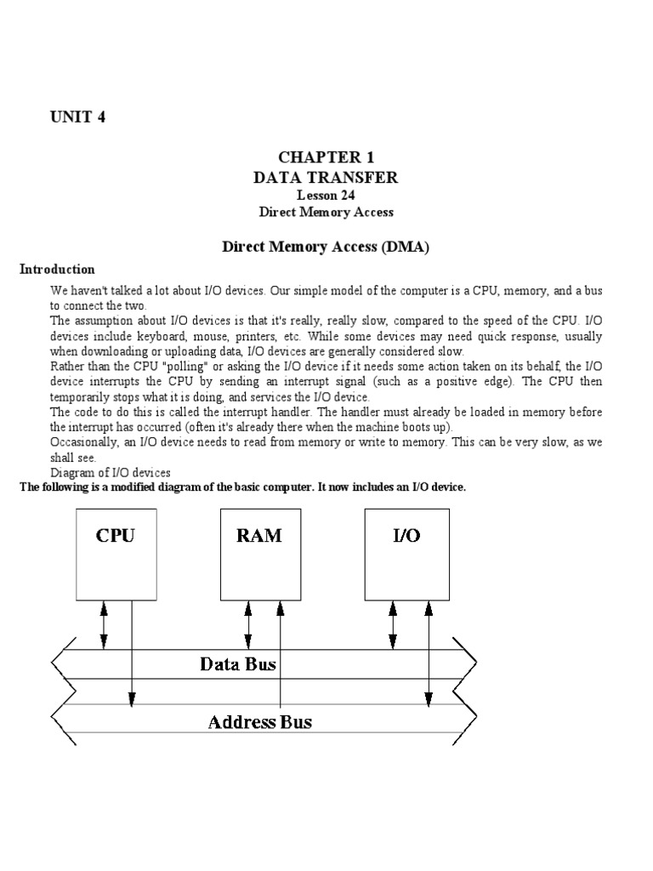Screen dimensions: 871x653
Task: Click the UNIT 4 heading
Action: tap(77, 117)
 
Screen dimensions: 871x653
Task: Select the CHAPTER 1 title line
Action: tap(326, 158)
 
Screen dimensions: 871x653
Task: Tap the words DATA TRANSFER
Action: tap(326, 178)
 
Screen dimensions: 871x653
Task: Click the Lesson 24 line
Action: tap(326, 196)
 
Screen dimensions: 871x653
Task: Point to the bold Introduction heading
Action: tap(57, 269)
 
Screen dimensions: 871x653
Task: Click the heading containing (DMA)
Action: tap(326, 247)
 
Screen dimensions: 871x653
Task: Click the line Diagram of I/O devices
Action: tap(111, 473)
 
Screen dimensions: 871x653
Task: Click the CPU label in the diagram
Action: tap(115, 536)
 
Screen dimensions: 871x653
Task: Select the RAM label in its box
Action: tap(258, 536)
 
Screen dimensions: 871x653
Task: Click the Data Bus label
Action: tap(238, 663)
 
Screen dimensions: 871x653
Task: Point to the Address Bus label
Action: tap(260, 722)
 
